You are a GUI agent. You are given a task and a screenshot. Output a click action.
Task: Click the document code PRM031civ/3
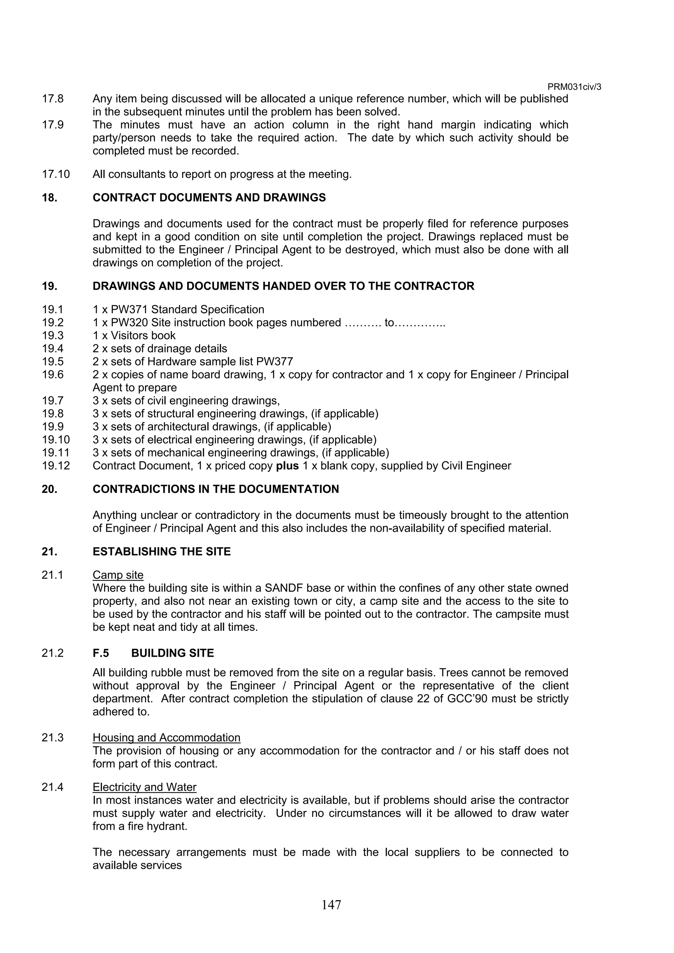(574, 87)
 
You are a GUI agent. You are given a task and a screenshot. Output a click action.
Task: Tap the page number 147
(331, 904)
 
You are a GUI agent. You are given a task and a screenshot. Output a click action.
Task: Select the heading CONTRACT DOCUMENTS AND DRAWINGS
(209, 198)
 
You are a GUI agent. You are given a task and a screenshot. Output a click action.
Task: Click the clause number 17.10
(56, 174)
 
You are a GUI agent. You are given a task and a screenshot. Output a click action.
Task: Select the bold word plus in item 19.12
(287, 466)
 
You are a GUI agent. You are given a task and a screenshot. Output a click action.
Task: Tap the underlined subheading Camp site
(118, 575)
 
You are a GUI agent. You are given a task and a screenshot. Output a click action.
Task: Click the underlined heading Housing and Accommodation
(166, 738)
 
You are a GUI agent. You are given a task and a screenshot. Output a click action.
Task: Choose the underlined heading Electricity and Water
(144, 787)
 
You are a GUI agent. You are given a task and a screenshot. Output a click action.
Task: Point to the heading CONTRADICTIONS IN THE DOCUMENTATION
(216, 489)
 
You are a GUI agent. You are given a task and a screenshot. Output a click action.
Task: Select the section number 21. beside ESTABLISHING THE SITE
(49, 551)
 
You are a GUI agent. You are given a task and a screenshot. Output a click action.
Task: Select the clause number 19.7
(52, 401)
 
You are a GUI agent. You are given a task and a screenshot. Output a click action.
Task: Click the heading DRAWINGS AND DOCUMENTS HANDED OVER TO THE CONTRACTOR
(283, 286)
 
